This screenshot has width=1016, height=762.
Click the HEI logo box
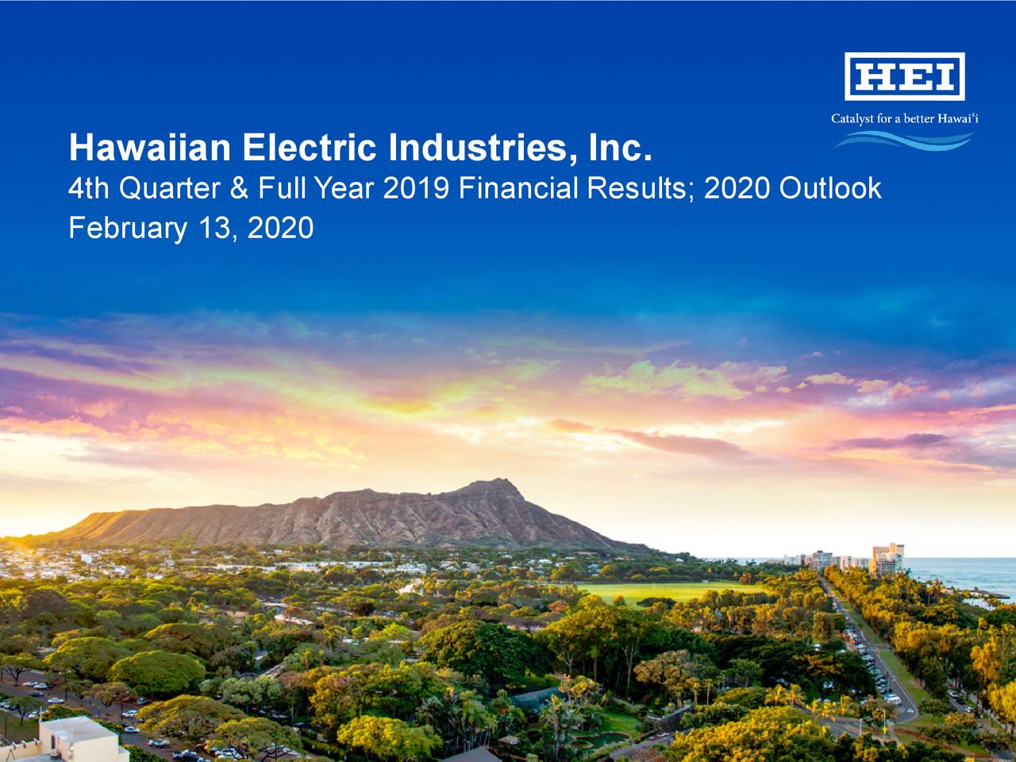904,76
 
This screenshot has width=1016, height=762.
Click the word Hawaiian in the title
149,148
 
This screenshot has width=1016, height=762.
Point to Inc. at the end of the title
621,148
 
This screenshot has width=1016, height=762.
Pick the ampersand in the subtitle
239,188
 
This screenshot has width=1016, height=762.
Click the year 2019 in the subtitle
416,188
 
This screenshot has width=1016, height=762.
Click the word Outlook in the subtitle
830,188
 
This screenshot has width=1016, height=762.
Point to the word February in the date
128,229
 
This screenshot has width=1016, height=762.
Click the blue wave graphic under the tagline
904,140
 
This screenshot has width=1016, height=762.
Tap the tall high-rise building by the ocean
887,559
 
